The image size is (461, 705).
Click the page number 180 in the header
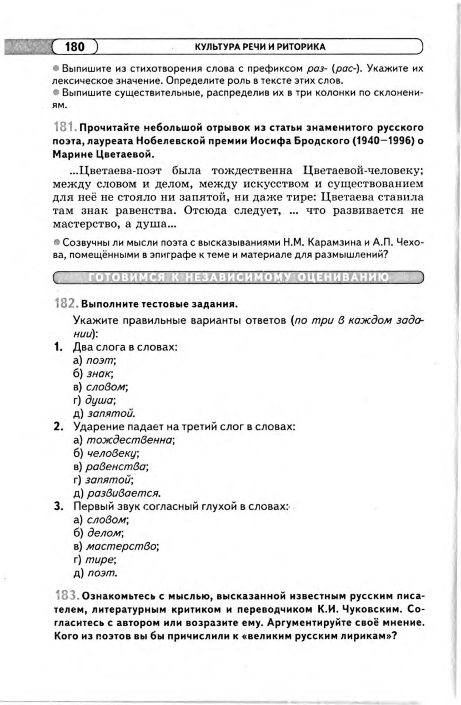75,47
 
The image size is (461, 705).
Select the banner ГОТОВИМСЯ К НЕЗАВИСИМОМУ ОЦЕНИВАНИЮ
238,278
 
